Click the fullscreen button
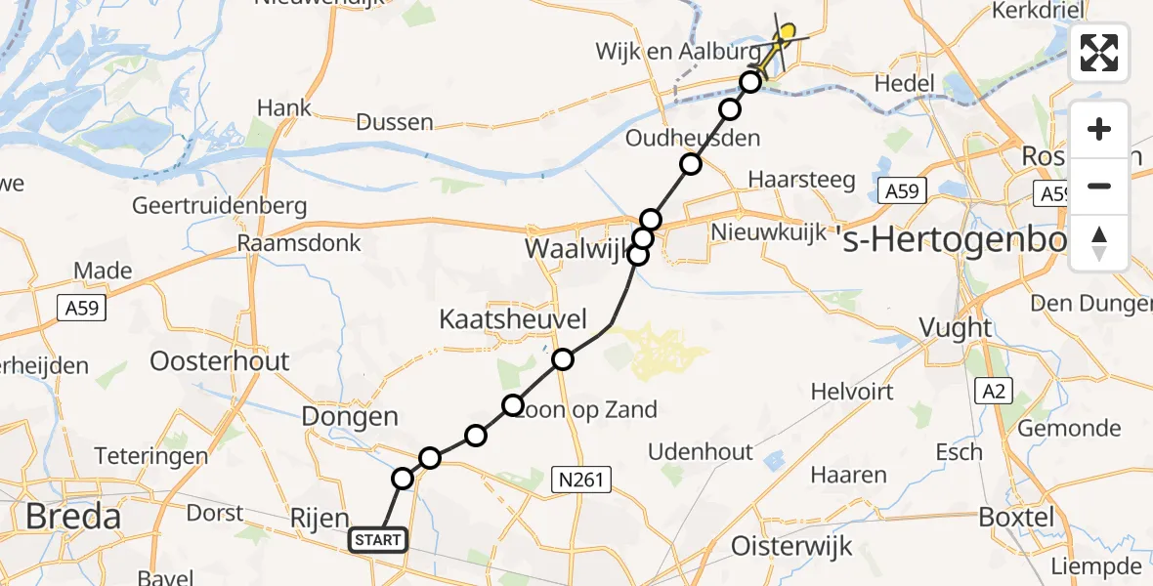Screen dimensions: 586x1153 pyautogui.click(x=1099, y=53)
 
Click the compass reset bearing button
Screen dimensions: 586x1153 pyautogui.click(x=1099, y=243)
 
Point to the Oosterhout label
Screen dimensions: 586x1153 pyautogui.click(x=220, y=361)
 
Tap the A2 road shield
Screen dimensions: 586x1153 pyautogui.click(x=993, y=392)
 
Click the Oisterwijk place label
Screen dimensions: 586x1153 pyautogui.click(x=791, y=545)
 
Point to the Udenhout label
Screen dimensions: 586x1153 pyautogui.click(x=702, y=451)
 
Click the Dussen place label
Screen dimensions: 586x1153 pyautogui.click(x=394, y=122)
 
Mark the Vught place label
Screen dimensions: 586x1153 pyautogui.click(x=957, y=327)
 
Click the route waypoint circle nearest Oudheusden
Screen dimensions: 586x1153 pyautogui.click(x=691, y=164)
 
